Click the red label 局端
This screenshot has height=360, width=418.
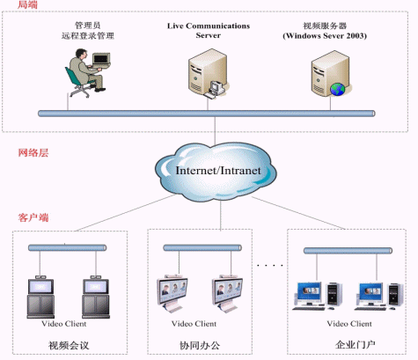click(x=27, y=4)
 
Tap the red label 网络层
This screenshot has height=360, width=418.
click(x=33, y=152)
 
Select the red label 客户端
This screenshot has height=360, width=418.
click(x=33, y=217)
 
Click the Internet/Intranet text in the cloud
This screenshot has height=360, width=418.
click(x=218, y=171)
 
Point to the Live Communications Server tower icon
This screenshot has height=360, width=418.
click(x=208, y=73)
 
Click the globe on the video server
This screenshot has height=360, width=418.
click(x=338, y=89)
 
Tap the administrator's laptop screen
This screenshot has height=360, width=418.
click(x=101, y=59)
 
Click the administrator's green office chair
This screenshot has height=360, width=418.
click(x=77, y=83)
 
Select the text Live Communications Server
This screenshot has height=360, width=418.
click(x=209, y=31)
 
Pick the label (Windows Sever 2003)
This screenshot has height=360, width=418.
click(x=325, y=36)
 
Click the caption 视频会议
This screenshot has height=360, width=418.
click(x=69, y=345)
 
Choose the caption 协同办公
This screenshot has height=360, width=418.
click(x=200, y=345)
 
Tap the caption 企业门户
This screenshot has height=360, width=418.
click(x=356, y=344)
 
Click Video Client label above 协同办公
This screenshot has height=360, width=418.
click(x=194, y=324)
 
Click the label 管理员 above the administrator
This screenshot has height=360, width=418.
click(x=87, y=26)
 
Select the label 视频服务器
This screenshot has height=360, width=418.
click(x=325, y=26)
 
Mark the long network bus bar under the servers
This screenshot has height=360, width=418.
click(x=207, y=114)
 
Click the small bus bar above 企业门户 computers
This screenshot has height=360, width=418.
click(x=348, y=251)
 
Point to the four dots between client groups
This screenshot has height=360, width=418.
click(x=270, y=265)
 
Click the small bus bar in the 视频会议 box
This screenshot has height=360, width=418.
click(x=67, y=248)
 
